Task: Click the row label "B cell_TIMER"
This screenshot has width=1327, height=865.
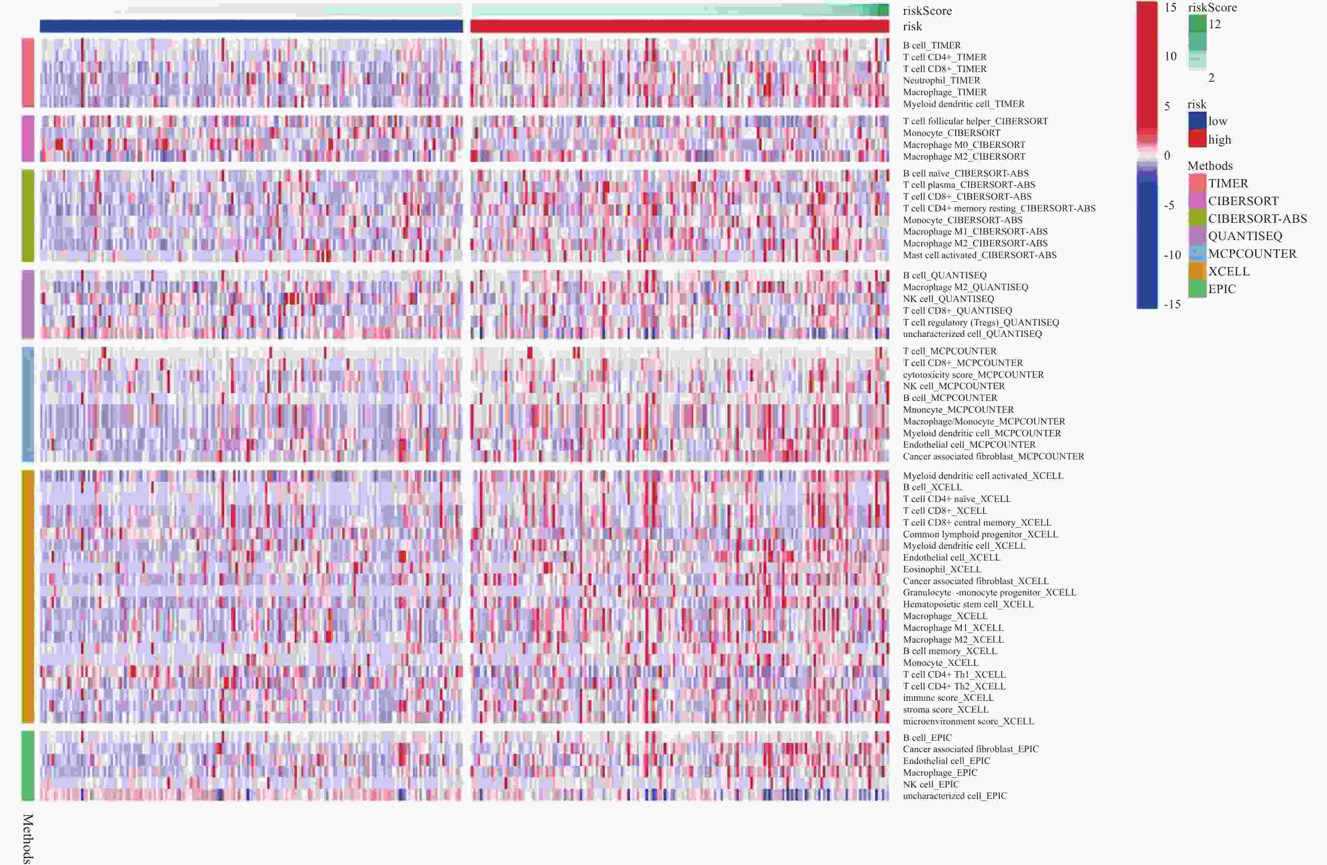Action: pos(932,45)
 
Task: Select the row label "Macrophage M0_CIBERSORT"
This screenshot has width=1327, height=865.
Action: pos(964,145)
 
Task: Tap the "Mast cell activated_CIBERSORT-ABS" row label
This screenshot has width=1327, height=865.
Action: pos(979,255)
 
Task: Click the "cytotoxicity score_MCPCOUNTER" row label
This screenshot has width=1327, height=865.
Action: pos(973,374)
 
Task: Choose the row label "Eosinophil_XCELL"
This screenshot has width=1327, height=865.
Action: pos(942,569)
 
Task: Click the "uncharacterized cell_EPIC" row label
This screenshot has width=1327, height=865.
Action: pos(955,796)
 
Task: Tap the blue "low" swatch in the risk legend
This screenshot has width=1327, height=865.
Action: pos(1197,121)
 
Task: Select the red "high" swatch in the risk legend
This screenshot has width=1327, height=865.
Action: pos(1197,139)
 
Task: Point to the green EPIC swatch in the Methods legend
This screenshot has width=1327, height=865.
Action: pos(1197,289)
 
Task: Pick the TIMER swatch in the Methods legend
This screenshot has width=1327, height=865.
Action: pos(1197,183)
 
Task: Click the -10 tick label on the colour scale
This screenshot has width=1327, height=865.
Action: pos(1172,255)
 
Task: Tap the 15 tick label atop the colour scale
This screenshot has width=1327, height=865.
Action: pos(1170,7)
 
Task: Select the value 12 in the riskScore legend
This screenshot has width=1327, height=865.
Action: pos(1215,24)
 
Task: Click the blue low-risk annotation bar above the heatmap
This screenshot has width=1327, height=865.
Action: pos(251,26)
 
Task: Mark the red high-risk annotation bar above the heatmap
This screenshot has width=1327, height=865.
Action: pos(680,26)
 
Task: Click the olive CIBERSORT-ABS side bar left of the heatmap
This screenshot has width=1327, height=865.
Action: pos(28,215)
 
